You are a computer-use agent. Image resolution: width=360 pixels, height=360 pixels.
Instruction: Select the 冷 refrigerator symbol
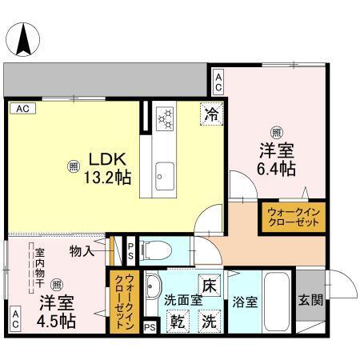211,114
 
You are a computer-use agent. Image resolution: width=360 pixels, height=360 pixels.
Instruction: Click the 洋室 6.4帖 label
276,158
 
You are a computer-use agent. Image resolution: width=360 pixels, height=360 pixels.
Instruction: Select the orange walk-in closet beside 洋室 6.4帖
292,217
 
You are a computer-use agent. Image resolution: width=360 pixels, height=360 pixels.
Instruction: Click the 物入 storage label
82,251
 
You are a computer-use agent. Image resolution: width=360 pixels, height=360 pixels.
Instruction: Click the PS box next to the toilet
130,250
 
